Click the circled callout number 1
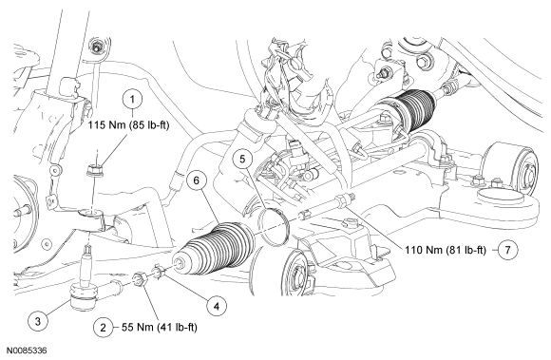coord(132,100)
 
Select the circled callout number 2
coord(103,328)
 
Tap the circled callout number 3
coord(38,321)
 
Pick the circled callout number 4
coord(217,306)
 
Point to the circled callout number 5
coord(243,159)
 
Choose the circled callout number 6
coord(197,180)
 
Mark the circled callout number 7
coord(507,250)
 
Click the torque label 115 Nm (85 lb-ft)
coord(128,125)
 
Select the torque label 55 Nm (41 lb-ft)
coord(160,328)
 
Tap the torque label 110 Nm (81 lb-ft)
coord(446,250)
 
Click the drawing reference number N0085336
coord(28,351)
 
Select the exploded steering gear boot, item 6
coord(215,249)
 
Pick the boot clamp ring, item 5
coord(274,226)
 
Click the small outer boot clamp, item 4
coord(158,272)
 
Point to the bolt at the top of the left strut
coord(96,45)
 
